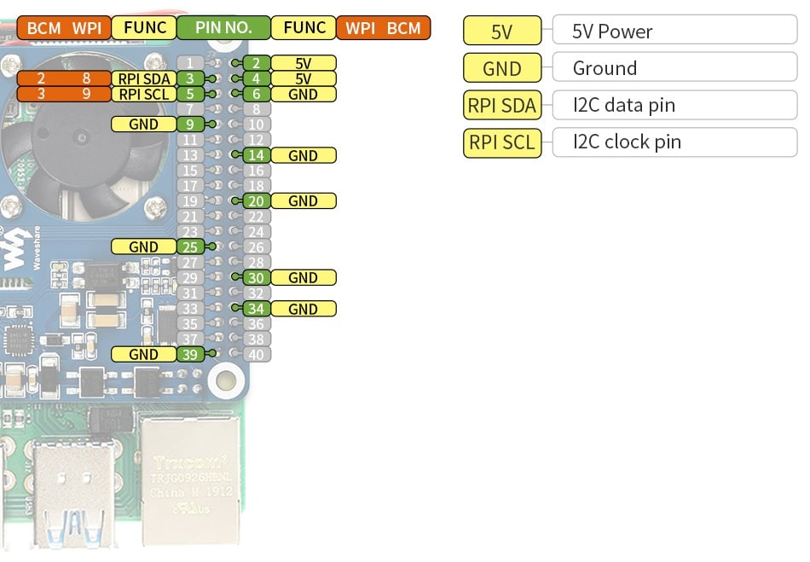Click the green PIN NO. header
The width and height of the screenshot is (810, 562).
[223, 27]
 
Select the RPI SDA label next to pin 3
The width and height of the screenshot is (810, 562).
[143, 78]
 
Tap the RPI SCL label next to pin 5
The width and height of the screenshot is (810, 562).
[143, 94]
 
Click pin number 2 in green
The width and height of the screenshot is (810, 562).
[257, 63]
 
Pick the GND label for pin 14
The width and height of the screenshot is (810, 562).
[303, 155]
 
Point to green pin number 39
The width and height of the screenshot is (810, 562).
[190, 354]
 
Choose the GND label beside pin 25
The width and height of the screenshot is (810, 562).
[143, 246]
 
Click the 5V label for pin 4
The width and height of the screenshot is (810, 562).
[303, 78]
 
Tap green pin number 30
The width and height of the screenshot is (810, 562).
[257, 277]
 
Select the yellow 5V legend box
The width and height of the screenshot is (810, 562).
[502, 32]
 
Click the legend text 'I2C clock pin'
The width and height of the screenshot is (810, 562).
[627, 142]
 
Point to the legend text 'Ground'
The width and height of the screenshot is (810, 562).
[605, 68]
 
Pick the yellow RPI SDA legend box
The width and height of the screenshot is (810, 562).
[502, 106]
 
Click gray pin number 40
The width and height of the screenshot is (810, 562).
[257, 354]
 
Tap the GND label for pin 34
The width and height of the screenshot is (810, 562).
[303, 309]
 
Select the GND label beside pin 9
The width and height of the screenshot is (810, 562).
[143, 125]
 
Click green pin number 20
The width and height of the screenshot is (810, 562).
[257, 201]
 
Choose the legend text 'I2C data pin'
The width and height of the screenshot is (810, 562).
[623, 106]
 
